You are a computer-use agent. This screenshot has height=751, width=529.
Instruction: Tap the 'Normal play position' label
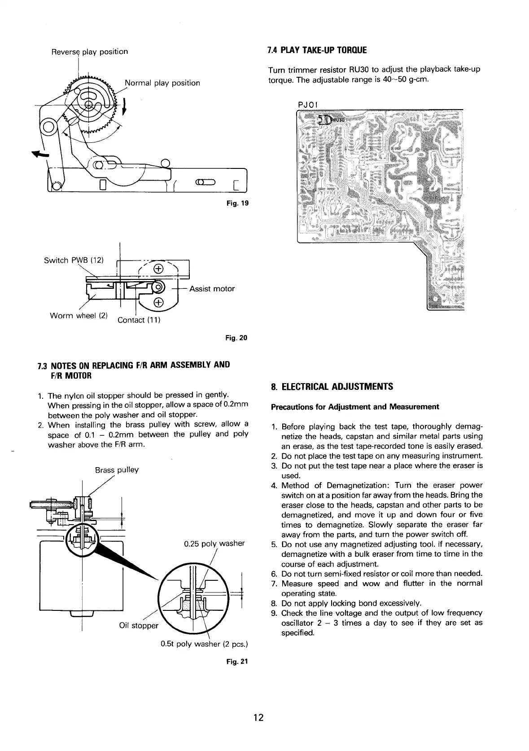point(162,83)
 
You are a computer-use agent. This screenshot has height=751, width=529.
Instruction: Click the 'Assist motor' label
point(212,289)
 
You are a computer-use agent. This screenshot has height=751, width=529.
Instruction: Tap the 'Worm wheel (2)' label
point(79,315)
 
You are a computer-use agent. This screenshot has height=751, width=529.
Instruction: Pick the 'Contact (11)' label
point(139,320)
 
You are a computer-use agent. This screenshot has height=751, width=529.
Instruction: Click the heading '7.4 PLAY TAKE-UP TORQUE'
point(317,50)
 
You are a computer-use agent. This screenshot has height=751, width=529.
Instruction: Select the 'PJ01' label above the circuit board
point(308,105)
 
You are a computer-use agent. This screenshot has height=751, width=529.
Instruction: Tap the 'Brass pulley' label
point(117,470)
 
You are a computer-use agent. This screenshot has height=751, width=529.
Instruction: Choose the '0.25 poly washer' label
point(214,543)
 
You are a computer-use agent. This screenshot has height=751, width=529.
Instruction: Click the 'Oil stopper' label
point(139,626)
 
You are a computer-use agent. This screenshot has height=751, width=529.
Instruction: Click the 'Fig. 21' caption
point(238,662)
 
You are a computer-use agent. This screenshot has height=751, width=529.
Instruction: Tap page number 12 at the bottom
point(258,717)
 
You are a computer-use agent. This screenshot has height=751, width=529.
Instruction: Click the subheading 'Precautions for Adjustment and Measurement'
point(354,407)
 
